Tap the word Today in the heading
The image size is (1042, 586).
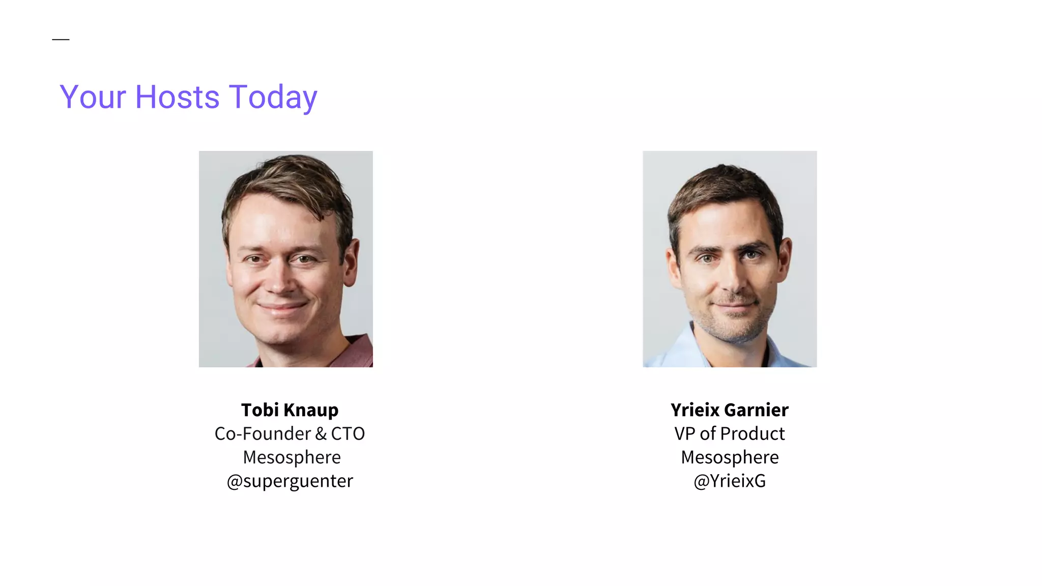pos(273,98)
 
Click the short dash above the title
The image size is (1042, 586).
pos(61,39)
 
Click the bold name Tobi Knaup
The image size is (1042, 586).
pos(290,409)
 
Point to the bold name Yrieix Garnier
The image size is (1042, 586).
pos(729,409)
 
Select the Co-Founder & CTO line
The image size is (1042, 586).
pos(290,433)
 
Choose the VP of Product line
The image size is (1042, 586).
pos(729,433)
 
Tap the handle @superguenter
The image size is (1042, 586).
pos(290,481)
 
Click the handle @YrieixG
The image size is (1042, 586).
pos(729,481)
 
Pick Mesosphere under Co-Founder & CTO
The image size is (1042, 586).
pos(292,457)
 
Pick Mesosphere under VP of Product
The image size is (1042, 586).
pos(730,457)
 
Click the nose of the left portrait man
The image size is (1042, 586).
pos(279,282)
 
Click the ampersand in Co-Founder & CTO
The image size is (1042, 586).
pos(321,433)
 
